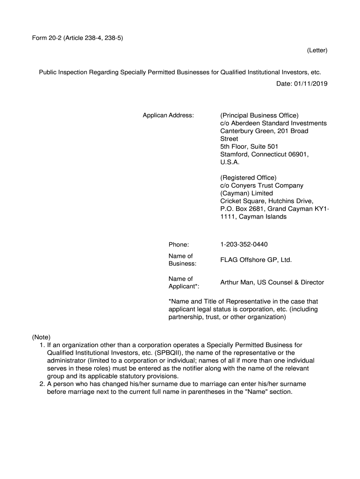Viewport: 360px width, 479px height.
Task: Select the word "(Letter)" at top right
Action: pos(317,50)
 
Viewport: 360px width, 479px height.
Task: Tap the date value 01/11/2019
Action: pos(311,84)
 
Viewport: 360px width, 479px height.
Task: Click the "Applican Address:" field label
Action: pos(168,115)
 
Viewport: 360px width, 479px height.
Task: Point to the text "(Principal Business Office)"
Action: pos(259,115)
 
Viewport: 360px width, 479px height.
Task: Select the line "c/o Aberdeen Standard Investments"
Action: pos(274,123)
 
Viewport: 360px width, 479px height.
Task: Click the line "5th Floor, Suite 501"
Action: pos(249,146)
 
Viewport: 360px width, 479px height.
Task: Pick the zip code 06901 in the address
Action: pos(296,154)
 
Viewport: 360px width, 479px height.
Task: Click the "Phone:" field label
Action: pos(179,245)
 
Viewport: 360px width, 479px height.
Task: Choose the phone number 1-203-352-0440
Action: pos(244,245)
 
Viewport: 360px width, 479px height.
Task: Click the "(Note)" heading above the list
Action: pos(41,337)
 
